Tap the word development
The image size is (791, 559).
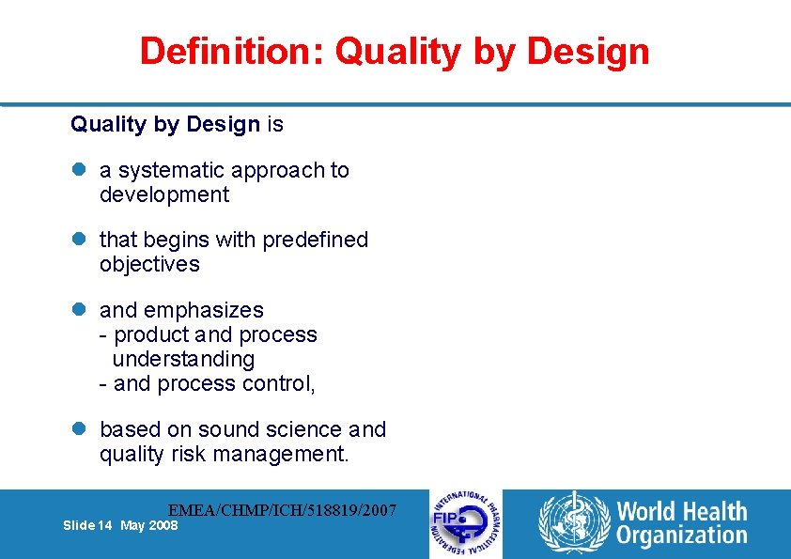164,194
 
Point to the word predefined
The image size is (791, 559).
315,240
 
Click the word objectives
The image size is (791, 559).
149,264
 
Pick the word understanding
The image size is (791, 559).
183,359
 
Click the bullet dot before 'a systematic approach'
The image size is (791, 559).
79,171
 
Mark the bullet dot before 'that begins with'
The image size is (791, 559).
79,241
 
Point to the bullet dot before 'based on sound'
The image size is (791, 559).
79,430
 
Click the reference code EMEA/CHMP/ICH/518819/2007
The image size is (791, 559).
282,510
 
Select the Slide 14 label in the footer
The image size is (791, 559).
88,526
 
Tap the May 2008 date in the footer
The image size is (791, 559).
148,526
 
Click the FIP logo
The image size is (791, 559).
466,524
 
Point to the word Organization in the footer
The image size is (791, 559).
682,536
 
